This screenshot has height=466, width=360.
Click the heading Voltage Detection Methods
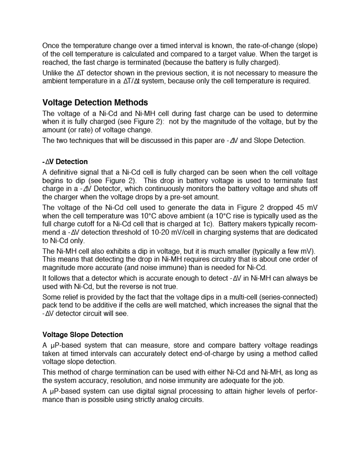[x=95, y=103]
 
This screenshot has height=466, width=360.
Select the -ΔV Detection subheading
[x=65, y=162]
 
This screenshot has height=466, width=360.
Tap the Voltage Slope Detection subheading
[x=82, y=334]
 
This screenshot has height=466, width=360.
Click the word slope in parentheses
[x=307, y=45]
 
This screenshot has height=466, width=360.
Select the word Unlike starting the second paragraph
[x=52, y=73]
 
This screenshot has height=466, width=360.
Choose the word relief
[x=70, y=297]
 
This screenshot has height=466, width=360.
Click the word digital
[x=155, y=391]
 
